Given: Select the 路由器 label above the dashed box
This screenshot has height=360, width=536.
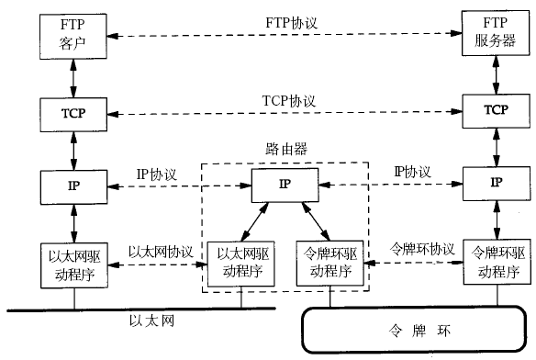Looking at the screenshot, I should tap(285, 148).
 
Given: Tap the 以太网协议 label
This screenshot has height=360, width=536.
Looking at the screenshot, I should tap(161, 251).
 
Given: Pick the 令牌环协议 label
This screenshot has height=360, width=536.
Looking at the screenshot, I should tap(423, 249).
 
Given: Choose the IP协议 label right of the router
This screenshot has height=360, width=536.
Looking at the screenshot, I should tap(412, 171).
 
